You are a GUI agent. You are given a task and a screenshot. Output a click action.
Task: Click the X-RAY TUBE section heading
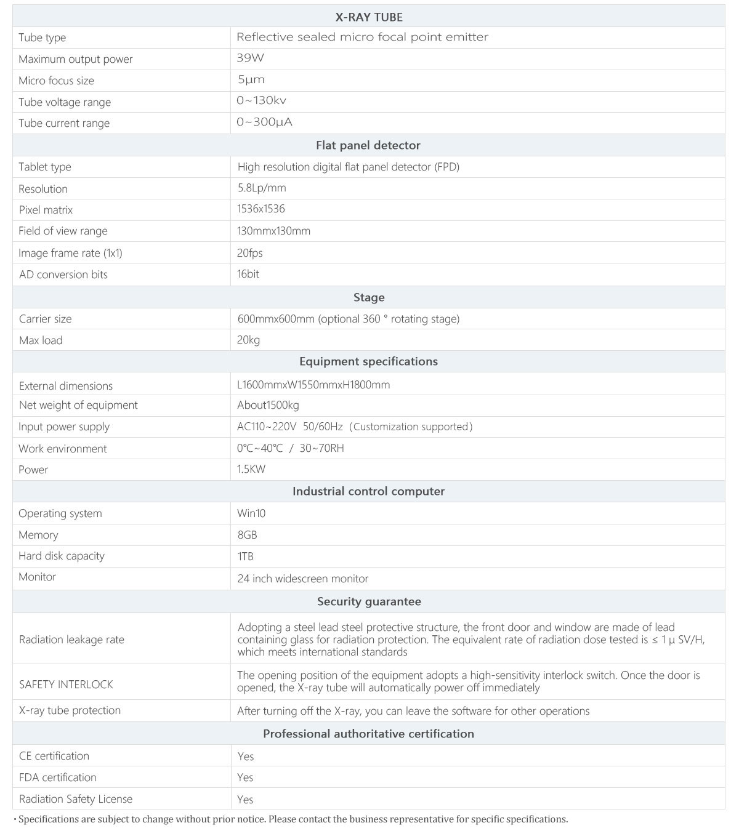click(x=369, y=17)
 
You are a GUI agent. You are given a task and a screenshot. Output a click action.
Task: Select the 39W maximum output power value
click(x=250, y=58)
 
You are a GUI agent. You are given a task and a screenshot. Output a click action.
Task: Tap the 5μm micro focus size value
click(x=251, y=80)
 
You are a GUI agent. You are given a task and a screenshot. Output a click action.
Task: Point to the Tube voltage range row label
click(x=65, y=102)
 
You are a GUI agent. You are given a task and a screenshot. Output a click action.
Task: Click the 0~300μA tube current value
click(x=264, y=122)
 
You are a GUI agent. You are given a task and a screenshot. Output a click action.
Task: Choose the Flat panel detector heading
click(x=368, y=145)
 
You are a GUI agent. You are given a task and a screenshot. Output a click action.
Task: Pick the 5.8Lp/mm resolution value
click(x=262, y=188)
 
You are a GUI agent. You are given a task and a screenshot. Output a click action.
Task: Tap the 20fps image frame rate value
click(x=250, y=253)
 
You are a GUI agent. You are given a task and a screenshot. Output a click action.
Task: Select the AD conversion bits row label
click(x=63, y=275)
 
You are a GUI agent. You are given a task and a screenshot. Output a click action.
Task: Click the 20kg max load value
click(x=249, y=340)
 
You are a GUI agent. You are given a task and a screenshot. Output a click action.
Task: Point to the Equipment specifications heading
click(x=368, y=362)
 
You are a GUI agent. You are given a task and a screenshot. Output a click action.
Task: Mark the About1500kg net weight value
click(x=268, y=405)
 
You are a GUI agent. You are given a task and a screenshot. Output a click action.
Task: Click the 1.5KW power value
click(x=251, y=469)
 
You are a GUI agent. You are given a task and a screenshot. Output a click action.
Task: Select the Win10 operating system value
click(x=251, y=513)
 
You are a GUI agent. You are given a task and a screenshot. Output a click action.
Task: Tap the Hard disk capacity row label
click(x=62, y=556)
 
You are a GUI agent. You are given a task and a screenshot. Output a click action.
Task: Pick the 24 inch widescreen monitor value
click(x=303, y=579)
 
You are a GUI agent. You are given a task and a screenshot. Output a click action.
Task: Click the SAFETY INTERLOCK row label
click(x=66, y=684)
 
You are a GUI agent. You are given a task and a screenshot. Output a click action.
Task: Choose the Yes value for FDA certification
click(x=245, y=777)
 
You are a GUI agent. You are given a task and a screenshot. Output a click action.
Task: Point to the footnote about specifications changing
click(x=293, y=819)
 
